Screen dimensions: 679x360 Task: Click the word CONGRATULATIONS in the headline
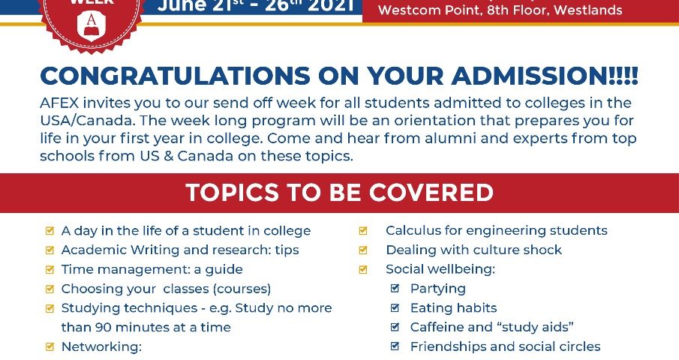pos(175,76)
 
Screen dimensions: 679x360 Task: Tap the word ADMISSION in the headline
pos(530,76)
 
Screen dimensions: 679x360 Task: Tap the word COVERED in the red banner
pos(431,193)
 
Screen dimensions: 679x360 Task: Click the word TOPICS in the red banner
pos(232,193)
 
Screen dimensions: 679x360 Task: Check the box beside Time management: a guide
pos(50,269)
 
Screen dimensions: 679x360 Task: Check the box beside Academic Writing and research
pos(50,250)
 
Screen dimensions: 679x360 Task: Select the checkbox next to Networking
pos(50,346)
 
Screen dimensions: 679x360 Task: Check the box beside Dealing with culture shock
pos(363,250)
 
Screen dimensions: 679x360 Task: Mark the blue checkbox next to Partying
pos(395,288)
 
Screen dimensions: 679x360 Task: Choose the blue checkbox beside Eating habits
pos(395,307)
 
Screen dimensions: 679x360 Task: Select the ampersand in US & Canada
pos(169,156)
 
